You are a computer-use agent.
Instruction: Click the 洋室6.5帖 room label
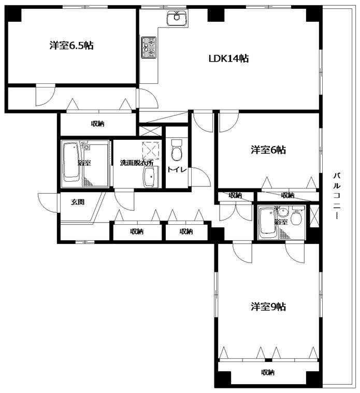coord(71,46)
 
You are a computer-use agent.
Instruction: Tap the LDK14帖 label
coord(228,59)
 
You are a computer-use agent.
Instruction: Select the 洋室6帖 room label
coord(268,150)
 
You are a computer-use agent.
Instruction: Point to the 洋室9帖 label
coord(268,307)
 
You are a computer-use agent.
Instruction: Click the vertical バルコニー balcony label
coord(337,196)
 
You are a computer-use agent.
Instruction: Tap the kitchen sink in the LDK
coord(177,18)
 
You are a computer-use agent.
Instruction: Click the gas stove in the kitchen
coord(149,47)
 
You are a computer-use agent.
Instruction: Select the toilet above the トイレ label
coord(177,150)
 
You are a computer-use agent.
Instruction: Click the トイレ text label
coord(177,170)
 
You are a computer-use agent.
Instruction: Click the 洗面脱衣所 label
coord(136,163)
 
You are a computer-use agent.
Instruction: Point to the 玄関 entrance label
coord(78,202)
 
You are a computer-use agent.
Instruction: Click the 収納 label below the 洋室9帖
coord(267,372)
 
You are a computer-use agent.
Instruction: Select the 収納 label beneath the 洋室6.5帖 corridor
coord(97,124)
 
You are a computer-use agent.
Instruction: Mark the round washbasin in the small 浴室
coord(283,213)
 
